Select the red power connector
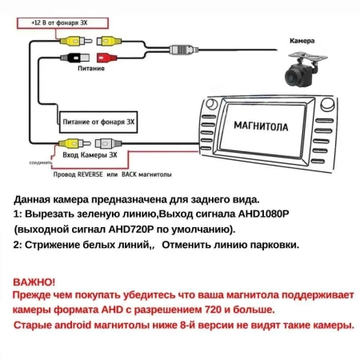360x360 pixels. (x=105, y=57)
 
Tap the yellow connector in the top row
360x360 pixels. (x=72, y=39)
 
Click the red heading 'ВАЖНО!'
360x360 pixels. (x=34, y=282)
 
